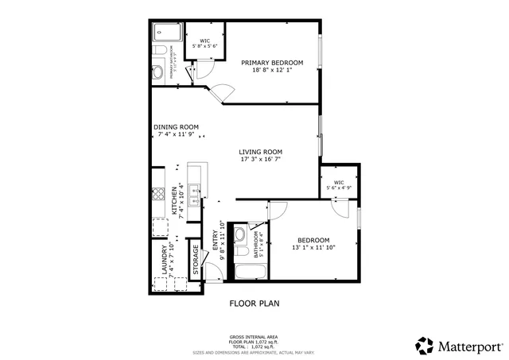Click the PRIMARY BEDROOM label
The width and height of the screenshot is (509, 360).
click(272, 63)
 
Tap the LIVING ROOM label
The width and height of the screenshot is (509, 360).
click(261, 152)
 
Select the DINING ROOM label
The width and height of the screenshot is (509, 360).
click(176, 127)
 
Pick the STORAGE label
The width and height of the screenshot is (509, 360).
click(196, 258)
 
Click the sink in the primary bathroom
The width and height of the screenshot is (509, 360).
click(157, 72)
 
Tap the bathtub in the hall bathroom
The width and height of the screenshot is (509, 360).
click(250, 273)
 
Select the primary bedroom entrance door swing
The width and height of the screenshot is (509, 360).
click(220, 93)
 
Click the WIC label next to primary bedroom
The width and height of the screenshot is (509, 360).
click(204, 41)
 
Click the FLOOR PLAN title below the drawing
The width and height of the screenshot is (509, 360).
click(254, 303)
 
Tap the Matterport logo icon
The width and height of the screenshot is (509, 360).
click(424, 346)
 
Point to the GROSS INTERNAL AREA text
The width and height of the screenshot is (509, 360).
click(254, 337)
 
